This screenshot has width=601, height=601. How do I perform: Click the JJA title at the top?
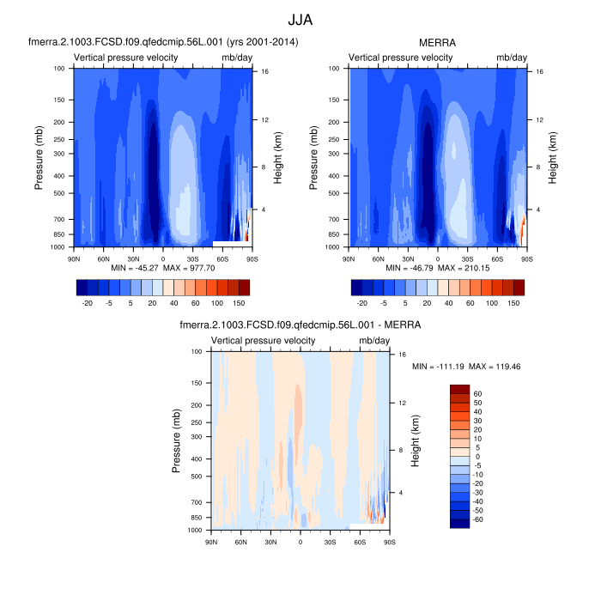300,17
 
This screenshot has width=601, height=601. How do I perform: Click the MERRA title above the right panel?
438,41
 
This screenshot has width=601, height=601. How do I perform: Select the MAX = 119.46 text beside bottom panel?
514,367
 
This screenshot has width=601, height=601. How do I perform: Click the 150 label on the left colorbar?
239,303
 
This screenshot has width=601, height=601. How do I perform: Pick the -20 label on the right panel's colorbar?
362,303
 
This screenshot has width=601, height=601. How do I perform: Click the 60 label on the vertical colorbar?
479,393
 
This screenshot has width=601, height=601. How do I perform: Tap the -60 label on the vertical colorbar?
479,519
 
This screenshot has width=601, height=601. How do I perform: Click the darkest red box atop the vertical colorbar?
459,389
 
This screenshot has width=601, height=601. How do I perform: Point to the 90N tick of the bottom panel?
211,542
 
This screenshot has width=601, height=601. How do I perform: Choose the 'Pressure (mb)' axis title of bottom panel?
177,440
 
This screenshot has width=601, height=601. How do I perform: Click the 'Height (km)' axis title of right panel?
553,157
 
